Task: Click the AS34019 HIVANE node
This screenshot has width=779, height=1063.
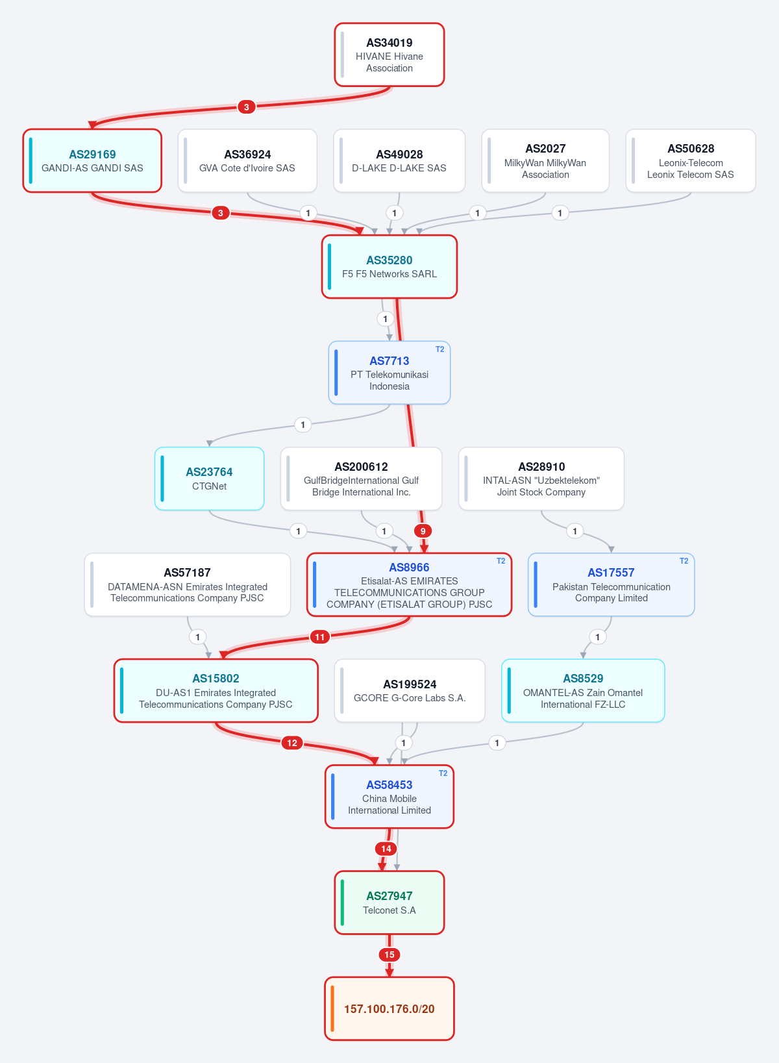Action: (x=389, y=55)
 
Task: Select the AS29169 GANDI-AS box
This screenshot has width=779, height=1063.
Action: (x=92, y=160)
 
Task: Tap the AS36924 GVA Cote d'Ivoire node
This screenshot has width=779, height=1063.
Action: (x=247, y=160)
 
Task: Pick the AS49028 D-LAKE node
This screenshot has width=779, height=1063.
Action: (x=399, y=160)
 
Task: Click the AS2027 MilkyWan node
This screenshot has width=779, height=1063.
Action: (x=545, y=160)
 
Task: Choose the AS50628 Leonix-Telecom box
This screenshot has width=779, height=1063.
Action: (x=690, y=160)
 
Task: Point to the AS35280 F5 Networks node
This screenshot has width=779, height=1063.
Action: (x=389, y=267)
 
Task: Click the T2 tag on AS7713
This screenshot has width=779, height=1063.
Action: (x=439, y=349)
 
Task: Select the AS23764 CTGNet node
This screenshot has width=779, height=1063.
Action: (x=209, y=479)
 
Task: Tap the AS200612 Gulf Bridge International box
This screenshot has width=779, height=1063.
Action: (x=361, y=479)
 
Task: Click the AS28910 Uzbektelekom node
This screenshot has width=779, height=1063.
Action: (x=541, y=479)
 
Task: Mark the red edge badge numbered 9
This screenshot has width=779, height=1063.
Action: (x=423, y=531)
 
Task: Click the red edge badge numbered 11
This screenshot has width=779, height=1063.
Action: (x=320, y=637)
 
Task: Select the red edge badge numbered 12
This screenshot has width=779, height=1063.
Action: (x=291, y=743)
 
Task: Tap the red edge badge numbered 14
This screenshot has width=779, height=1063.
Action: (x=386, y=849)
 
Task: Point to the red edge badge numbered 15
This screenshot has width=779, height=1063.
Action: (x=389, y=955)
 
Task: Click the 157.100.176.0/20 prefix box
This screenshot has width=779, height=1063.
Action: (x=389, y=1008)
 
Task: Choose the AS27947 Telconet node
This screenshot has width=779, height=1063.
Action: (x=389, y=903)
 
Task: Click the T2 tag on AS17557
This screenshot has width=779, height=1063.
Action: (x=684, y=561)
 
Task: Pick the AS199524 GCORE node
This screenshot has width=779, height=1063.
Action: (x=410, y=690)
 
